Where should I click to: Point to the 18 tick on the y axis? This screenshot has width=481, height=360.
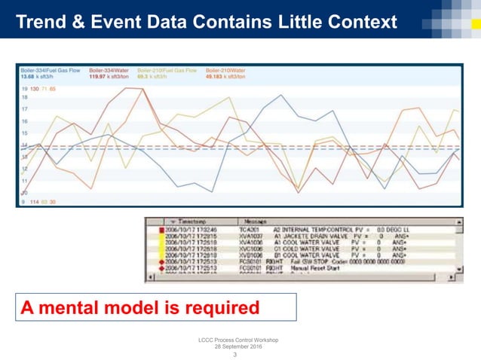click(x=25, y=98)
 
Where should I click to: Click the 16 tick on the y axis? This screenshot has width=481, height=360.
click(x=25, y=121)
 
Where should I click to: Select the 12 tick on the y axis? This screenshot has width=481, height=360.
click(x=25, y=169)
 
